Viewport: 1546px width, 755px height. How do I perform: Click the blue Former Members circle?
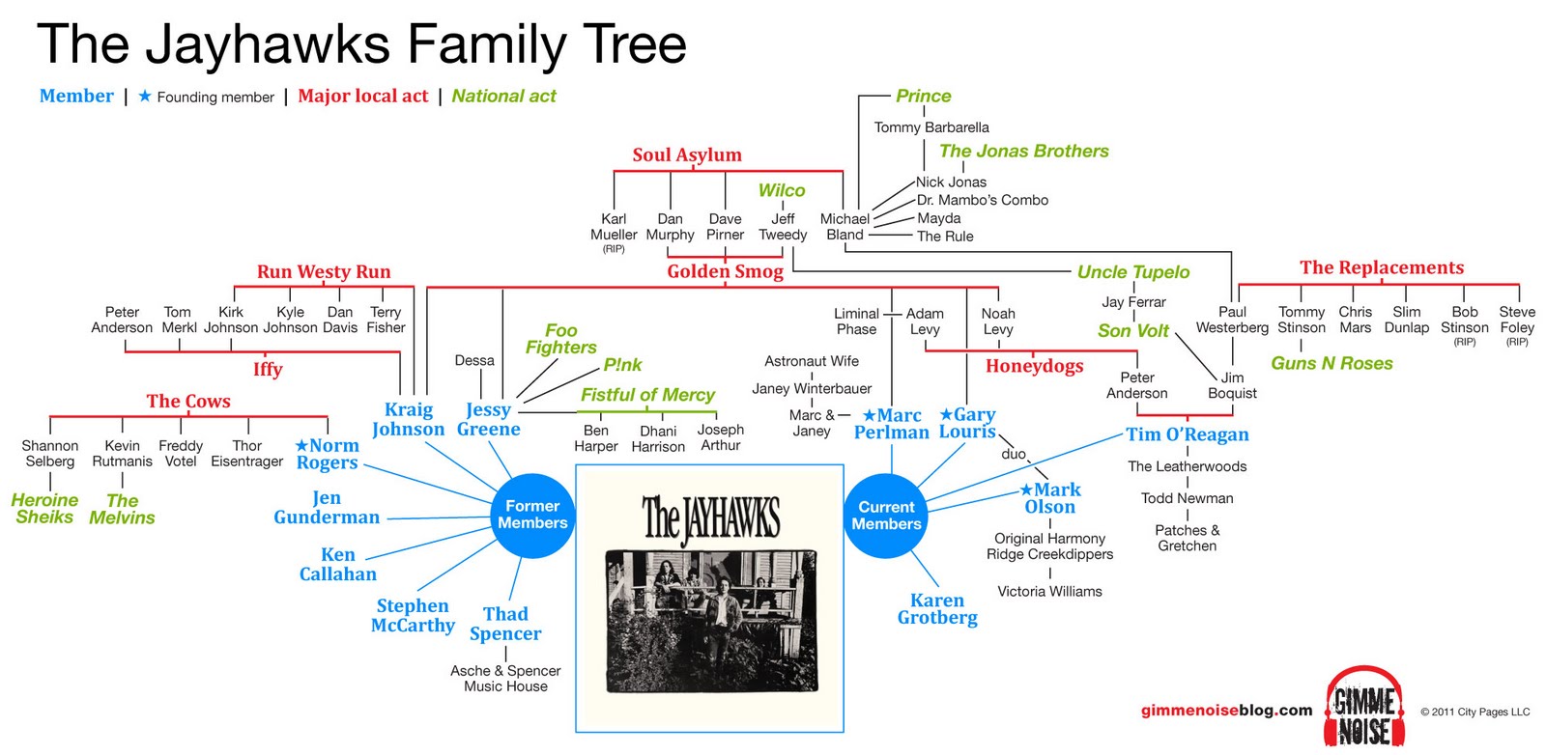pyautogui.click(x=532, y=516)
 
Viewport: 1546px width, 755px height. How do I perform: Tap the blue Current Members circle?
pyautogui.click(x=886, y=516)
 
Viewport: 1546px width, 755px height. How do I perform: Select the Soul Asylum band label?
pyautogui.click(x=687, y=155)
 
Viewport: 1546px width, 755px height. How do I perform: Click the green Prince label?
pyautogui.click(x=923, y=97)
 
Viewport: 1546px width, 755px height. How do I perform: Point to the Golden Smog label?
pyautogui.click(x=725, y=272)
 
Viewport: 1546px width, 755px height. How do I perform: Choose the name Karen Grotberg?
pyautogui.click(x=937, y=609)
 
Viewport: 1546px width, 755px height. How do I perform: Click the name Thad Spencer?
pyautogui.click(x=505, y=624)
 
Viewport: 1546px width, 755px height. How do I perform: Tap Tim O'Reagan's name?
pyautogui.click(x=1187, y=434)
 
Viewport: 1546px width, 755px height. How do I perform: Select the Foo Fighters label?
pyautogui.click(x=560, y=339)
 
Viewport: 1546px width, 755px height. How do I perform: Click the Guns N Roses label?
pyautogui.click(x=1331, y=364)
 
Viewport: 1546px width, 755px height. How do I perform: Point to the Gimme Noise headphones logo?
pyautogui.click(x=1364, y=707)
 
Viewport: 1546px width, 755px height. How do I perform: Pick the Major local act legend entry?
pyautogui.click(x=362, y=97)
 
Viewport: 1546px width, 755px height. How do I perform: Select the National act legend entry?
pyautogui.click(x=503, y=97)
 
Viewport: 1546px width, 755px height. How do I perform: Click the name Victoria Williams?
pyautogui.click(x=1049, y=592)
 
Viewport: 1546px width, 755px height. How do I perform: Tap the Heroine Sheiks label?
pyautogui.click(x=44, y=509)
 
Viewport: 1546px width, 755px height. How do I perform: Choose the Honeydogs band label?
pyautogui.click(x=1034, y=366)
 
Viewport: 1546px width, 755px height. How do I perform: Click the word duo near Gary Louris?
pyautogui.click(x=1014, y=454)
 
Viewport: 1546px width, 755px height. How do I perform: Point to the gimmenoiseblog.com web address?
pyautogui.click(x=1226, y=711)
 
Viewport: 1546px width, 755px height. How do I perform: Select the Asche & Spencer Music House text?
pyautogui.click(x=505, y=679)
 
